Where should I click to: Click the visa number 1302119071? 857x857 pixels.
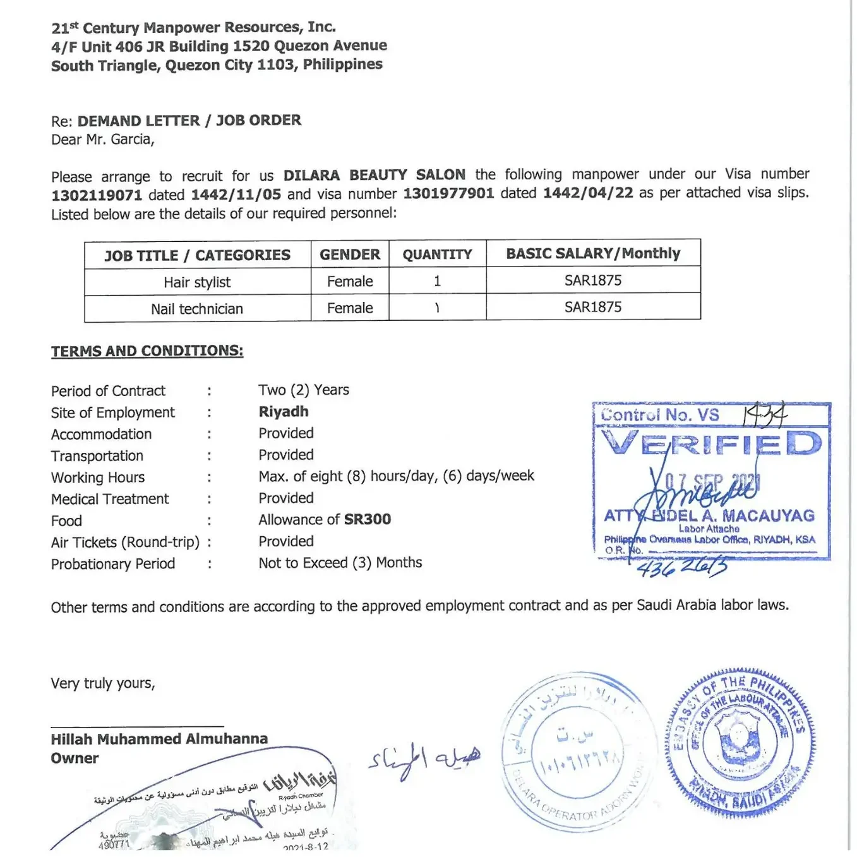pyautogui.click(x=97, y=195)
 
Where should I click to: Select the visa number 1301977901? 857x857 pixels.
pyautogui.click(x=448, y=193)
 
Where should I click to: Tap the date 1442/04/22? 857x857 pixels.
pyautogui.click(x=588, y=193)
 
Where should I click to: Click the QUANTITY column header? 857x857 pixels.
pyautogui.click(x=437, y=255)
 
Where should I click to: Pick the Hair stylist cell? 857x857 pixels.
pyautogui.click(x=197, y=282)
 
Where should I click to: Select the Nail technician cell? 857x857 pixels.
pyautogui.click(x=197, y=309)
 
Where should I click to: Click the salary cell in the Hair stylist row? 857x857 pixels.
pyautogui.click(x=593, y=280)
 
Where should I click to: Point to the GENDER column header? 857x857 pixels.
pyautogui.click(x=350, y=255)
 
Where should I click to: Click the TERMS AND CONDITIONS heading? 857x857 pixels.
pyautogui.click(x=147, y=351)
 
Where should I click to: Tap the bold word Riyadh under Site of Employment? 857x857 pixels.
pyautogui.click(x=284, y=412)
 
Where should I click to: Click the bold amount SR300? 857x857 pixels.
pyautogui.click(x=368, y=519)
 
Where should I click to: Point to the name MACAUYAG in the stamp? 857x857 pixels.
pyautogui.click(x=768, y=516)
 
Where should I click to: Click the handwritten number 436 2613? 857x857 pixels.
pyautogui.click(x=682, y=568)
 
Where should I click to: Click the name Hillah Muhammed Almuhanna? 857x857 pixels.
pyautogui.click(x=159, y=739)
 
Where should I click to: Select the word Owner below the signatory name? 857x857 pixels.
pyautogui.click(x=75, y=758)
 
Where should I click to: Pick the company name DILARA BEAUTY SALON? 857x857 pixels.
pyautogui.click(x=375, y=175)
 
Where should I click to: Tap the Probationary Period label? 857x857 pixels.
pyautogui.click(x=113, y=564)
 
